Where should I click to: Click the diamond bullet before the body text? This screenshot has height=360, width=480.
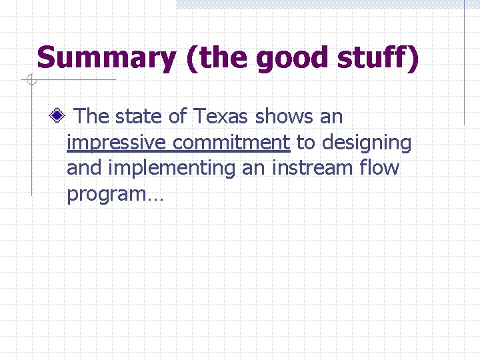coord(59,117)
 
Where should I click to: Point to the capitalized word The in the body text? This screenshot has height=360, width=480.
coord(92,117)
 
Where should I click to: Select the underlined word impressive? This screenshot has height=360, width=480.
coord(117,143)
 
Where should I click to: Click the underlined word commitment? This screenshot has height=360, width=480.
coord(231,143)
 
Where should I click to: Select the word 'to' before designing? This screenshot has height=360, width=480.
coord(306,143)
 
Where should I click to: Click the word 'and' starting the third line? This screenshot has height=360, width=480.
coord(84,168)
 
